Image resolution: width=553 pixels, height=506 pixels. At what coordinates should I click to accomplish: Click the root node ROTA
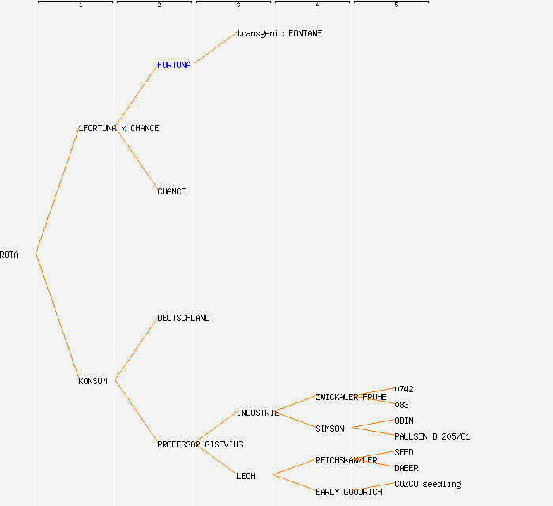pyautogui.click(x=9, y=255)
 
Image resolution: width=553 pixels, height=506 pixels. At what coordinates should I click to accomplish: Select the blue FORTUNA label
pyautogui.click(x=174, y=65)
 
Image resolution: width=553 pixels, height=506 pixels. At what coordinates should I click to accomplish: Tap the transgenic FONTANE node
pyautogui.click(x=279, y=33)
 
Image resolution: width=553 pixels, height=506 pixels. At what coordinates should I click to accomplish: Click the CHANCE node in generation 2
pyautogui.click(x=171, y=191)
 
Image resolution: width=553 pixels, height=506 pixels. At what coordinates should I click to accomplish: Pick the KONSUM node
pyautogui.click(x=92, y=381)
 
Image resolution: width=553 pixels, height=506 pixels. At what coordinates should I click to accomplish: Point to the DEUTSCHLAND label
pyautogui.click(x=183, y=318)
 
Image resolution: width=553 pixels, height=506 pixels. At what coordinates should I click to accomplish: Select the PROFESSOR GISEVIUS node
pyautogui.click(x=200, y=444)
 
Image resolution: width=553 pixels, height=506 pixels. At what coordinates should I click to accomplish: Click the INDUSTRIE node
pyautogui.click(x=258, y=413)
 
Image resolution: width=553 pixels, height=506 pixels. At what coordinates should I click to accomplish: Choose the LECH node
pyautogui.click(x=246, y=476)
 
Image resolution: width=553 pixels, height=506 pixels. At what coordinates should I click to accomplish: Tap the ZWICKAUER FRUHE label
pyautogui.click(x=351, y=397)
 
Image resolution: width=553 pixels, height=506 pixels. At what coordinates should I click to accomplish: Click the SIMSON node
pyautogui.click(x=329, y=429)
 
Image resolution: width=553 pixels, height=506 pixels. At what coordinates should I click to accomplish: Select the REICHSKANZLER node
pyautogui.click(x=346, y=460)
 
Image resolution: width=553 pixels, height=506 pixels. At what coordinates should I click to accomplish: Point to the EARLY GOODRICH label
pyautogui.click(x=348, y=492)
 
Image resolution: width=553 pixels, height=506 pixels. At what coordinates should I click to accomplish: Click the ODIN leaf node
pyautogui.click(x=404, y=421)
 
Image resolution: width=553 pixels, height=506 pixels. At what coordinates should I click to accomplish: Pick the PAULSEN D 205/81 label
pyautogui.click(x=432, y=436)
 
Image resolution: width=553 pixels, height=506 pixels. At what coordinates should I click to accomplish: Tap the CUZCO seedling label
pyautogui.click(x=427, y=484)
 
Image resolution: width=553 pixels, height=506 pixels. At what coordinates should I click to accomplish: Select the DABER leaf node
pyautogui.click(x=406, y=468)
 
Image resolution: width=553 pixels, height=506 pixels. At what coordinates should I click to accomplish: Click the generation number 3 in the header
pyautogui.click(x=239, y=6)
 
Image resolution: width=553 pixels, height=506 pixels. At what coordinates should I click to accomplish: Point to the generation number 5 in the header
pyautogui.click(x=397, y=6)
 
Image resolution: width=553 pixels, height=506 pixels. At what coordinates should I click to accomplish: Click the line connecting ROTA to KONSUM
pyautogui.click(x=57, y=317)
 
